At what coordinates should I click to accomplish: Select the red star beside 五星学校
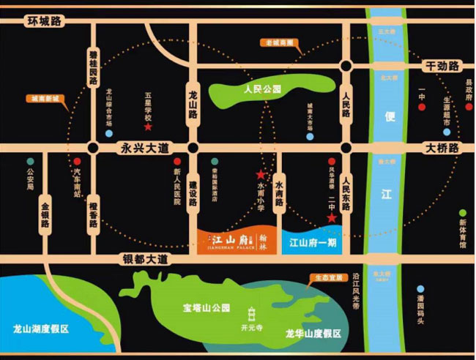pyautogui.click(x=148, y=127)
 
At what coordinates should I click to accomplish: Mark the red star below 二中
pyautogui.click(x=332, y=218)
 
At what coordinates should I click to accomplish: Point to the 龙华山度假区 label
pyautogui.click(x=313, y=334)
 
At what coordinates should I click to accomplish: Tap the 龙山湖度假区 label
pyautogui.click(x=41, y=329)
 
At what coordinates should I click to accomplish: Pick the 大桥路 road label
pyautogui.click(x=442, y=147)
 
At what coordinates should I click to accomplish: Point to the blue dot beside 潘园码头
pyautogui.click(x=420, y=289)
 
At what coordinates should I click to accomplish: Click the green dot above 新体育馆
pyautogui.click(x=462, y=211)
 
